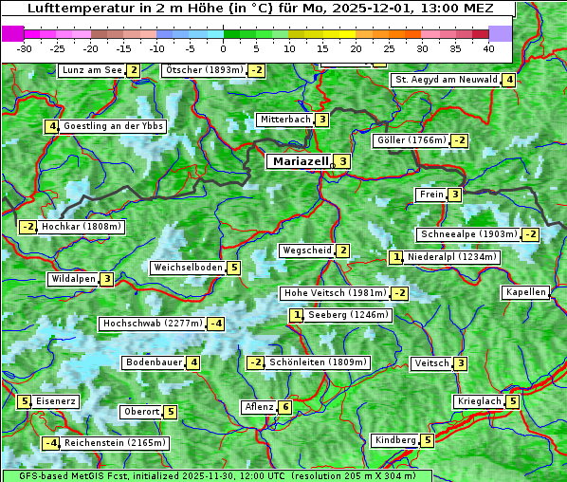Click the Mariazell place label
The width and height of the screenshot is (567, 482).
click(300, 161)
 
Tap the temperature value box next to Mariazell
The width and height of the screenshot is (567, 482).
click(342, 161)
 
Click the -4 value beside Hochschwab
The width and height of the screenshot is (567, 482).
click(215, 324)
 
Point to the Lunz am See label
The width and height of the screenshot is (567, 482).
click(92, 70)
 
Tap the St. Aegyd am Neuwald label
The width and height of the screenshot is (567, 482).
click(446, 80)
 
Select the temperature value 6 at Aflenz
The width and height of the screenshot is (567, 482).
click(285, 407)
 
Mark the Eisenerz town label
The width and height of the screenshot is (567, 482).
click(56, 401)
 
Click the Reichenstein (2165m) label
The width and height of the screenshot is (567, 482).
click(116, 442)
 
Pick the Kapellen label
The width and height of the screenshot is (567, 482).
click(525, 292)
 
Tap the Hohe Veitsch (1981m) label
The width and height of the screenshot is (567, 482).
click(335, 293)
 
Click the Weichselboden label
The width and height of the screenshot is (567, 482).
click(188, 268)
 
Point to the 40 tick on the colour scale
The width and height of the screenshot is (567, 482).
click(488, 47)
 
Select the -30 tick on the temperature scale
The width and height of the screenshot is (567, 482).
click(25, 47)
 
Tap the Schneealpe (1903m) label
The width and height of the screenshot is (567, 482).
click(468, 234)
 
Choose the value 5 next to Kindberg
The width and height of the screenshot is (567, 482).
click(428, 440)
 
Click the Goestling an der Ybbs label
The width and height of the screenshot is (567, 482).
click(113, 126)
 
